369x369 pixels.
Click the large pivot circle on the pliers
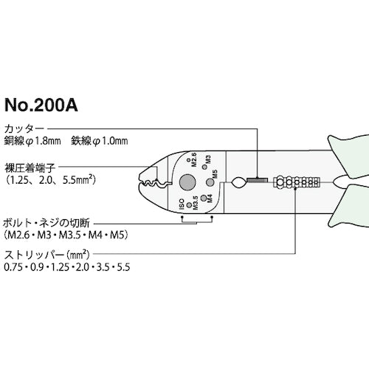click(187, 183)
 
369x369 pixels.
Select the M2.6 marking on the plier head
click(194, 159)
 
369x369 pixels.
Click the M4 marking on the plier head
click(209, 200)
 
